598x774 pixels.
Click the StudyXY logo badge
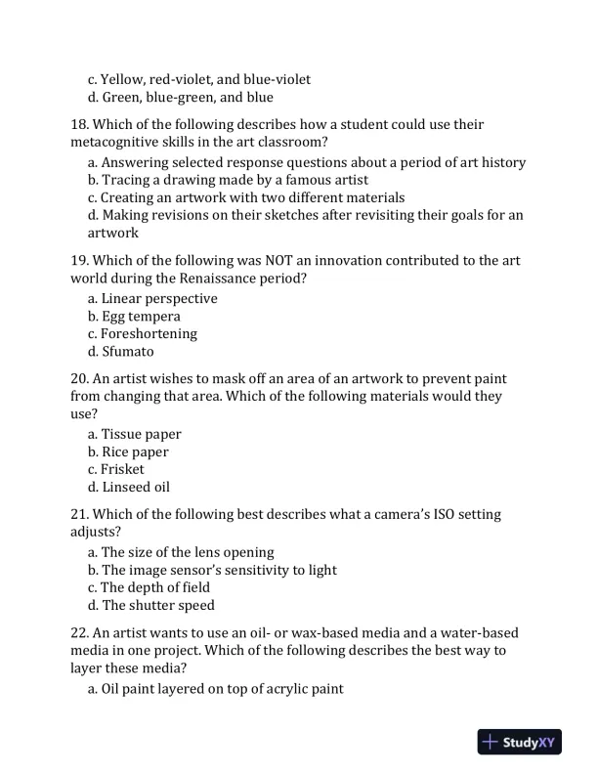pyautogui.click(x=521, y=742)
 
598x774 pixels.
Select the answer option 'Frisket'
pyautogui.click(x=122, y=469)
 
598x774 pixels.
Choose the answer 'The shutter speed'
pyautogui.click(x=158, y=605)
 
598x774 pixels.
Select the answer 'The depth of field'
pyautogui.click(x=155, y=587)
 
